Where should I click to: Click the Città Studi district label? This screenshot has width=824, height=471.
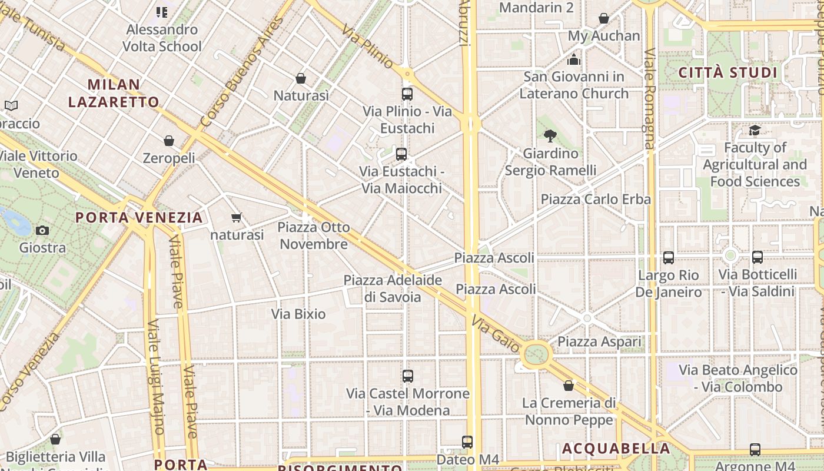click(x=728, y=73)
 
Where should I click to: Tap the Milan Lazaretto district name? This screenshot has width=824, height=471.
click(x=114, y=93)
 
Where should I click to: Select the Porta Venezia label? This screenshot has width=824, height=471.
click(x=139, y=217)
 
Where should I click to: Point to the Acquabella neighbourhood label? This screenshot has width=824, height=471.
click(x=616, y=449)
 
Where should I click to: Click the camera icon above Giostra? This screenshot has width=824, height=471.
click(x=42, y=230)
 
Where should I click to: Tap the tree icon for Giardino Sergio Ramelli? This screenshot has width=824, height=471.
click(x=550, y=137)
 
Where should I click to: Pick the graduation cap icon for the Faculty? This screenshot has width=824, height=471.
click(x=755, y=131)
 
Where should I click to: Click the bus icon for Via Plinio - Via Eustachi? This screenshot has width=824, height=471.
click(x=407, y=94)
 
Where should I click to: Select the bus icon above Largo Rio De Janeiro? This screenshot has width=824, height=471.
click(x=668, y=257)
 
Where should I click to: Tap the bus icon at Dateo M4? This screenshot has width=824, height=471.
click(x=467, y=442)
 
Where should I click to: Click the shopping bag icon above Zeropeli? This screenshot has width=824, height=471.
click(x=169, y=141)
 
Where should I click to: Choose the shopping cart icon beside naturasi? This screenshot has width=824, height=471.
click(x=237, y=218)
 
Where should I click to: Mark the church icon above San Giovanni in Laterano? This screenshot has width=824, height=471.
click(x=574, y=59)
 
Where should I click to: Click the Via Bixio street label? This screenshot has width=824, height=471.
click(x=298, y=314)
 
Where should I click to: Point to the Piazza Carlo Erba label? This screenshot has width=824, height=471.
click(x=596, y=199)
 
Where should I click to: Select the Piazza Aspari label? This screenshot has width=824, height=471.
click(x=599, y=341)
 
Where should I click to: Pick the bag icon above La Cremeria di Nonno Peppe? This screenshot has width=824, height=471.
click(x=569, y=386)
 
